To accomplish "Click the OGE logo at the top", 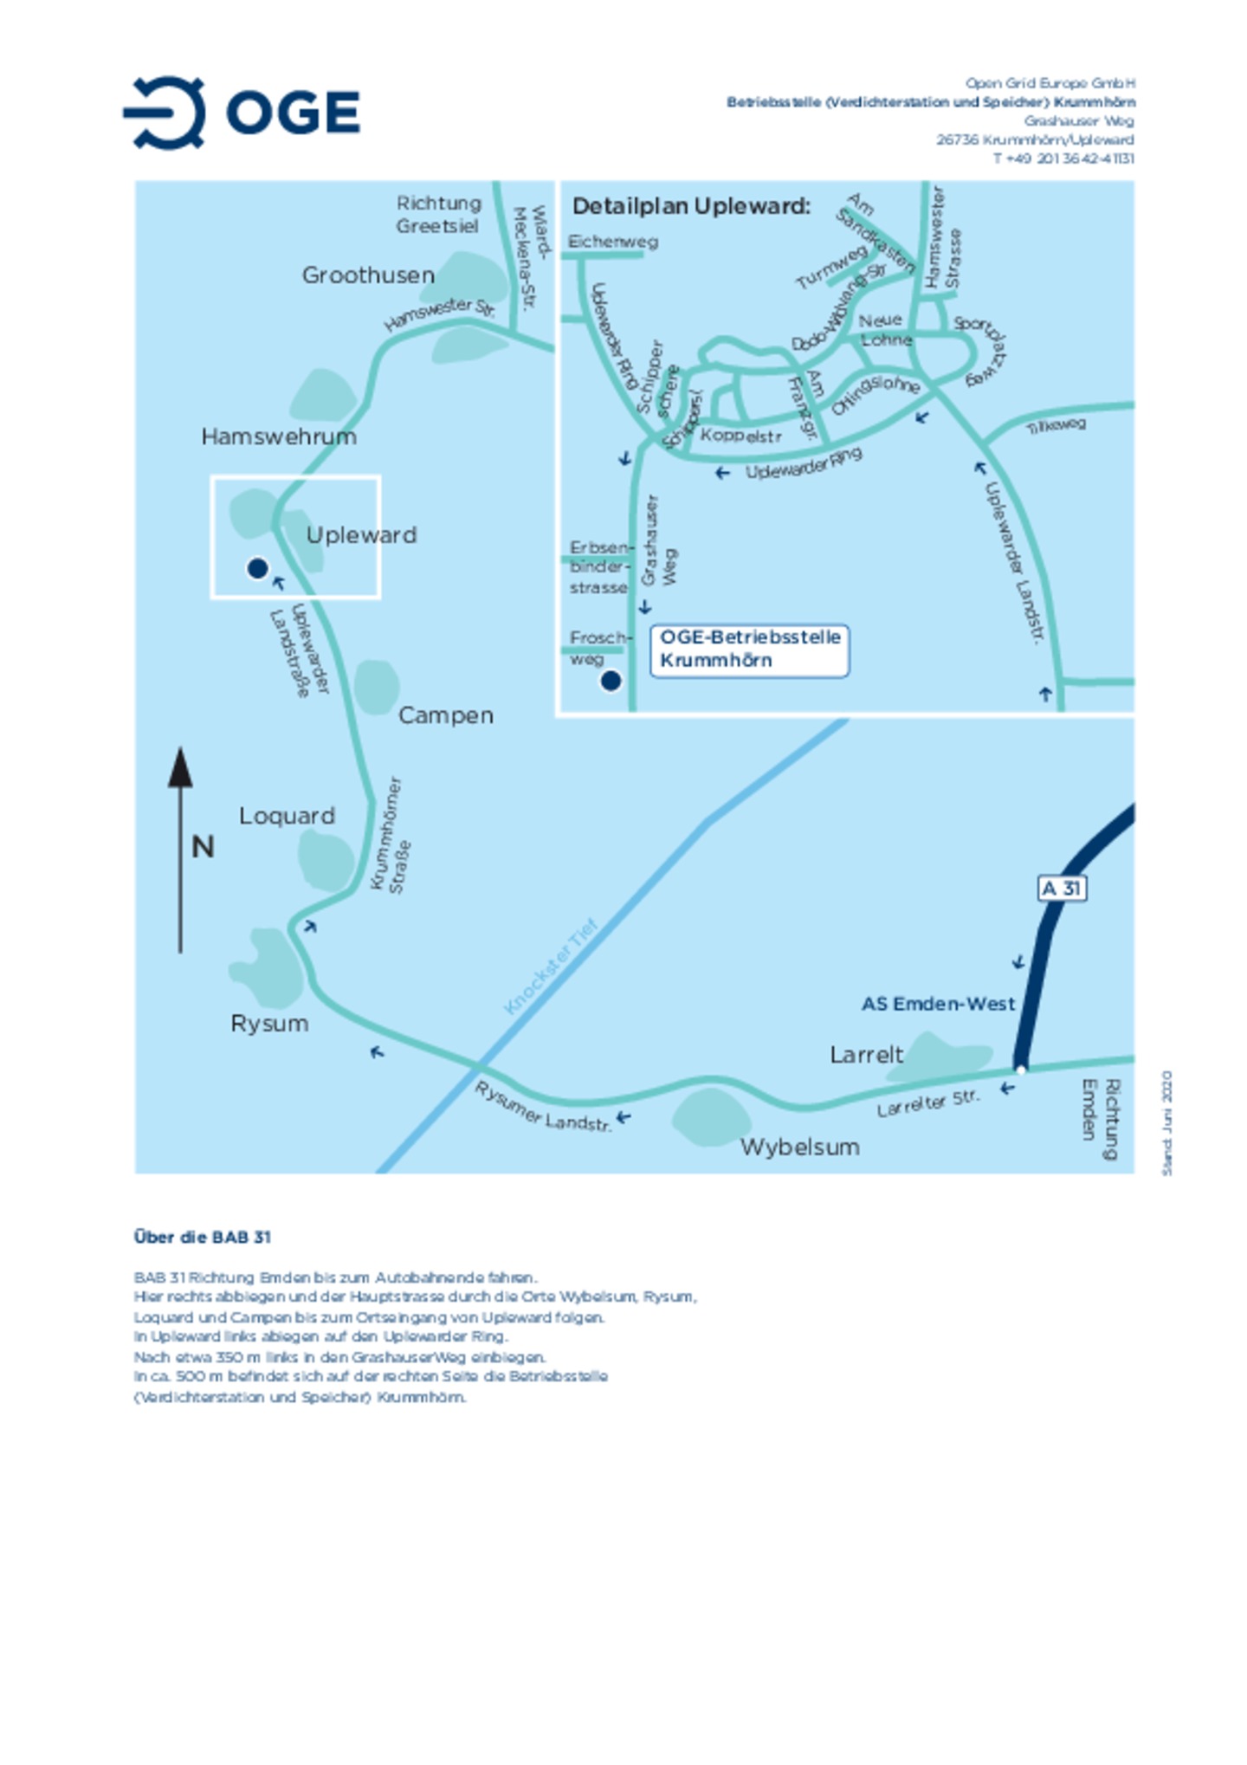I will point(242,113).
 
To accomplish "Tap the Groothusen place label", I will point(368,275).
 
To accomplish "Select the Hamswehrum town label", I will point(279,436).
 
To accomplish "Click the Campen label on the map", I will point(445,715).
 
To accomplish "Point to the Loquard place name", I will point(287,816).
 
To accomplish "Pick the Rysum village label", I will point(269,1024).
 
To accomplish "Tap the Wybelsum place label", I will point(799,1148).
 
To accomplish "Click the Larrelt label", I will point(866,1055).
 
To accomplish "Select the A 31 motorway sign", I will point(1062,889).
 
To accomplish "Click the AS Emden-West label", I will point(938,1005).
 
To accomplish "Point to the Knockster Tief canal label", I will point(551,967).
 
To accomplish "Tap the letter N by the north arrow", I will point(203,847).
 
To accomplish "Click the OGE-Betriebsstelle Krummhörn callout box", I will point(749,650).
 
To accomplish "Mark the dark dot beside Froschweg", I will point(611,682).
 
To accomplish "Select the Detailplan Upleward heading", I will point(691,207).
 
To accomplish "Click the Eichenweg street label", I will point(612,242).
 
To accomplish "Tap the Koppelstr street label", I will point(740,436).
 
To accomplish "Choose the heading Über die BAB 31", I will point(203,1238).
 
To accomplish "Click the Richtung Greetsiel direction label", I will point(438,215).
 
